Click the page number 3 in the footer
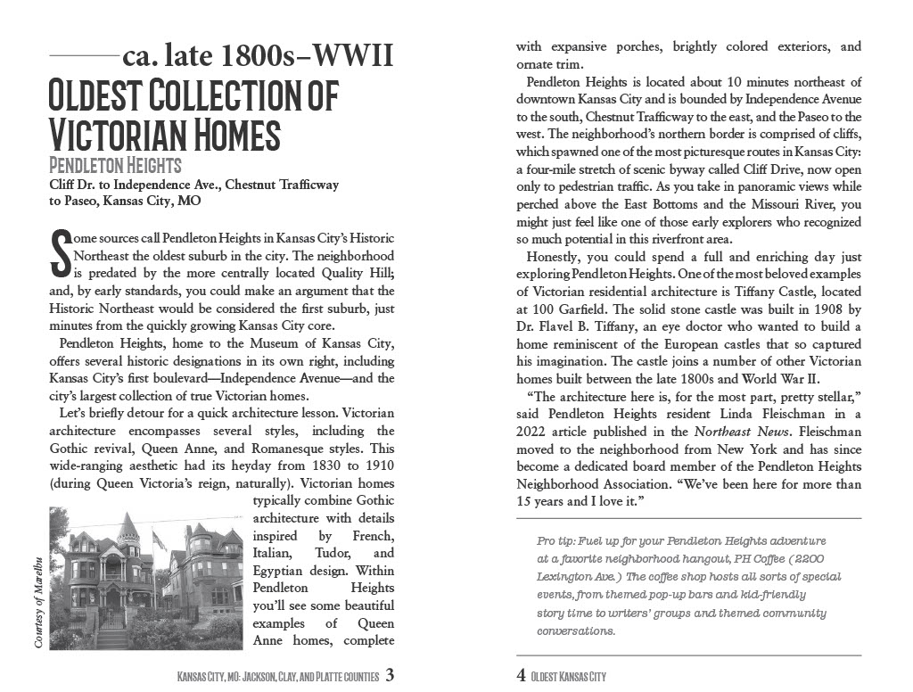(391, 675)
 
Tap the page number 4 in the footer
(521, 675)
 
